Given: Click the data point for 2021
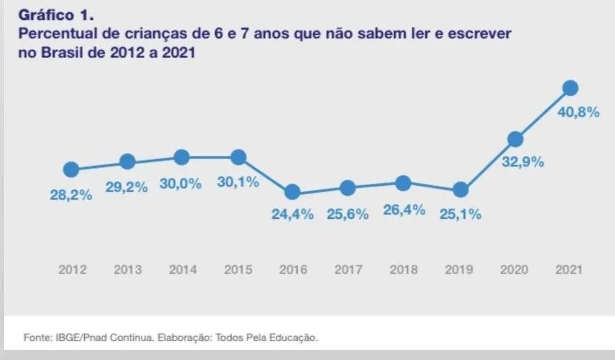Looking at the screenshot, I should (x=570, y=88).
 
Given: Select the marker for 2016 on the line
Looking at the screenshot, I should (x=292, y=192).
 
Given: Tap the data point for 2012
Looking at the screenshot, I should (x=71, y=169).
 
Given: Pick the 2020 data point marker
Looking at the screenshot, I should (x=515, y=138).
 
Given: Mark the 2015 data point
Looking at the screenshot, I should (x=238, y=157).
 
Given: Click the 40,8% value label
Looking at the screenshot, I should (x=579, y=112).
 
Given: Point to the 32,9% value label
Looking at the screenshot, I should (x=523, y=162).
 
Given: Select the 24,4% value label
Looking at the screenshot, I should (x=292, y=215).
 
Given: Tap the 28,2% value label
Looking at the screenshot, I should (x=71, y=195).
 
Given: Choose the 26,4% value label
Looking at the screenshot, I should (x=404, y=210).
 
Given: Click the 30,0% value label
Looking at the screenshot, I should (x=181, y=185).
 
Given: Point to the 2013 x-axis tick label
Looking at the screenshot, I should (x=128, y=269).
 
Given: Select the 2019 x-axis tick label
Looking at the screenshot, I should (x=459, y=269).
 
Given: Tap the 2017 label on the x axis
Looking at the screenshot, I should (x=348, y=269).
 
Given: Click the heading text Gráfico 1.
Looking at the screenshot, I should (x=55, y=15).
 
